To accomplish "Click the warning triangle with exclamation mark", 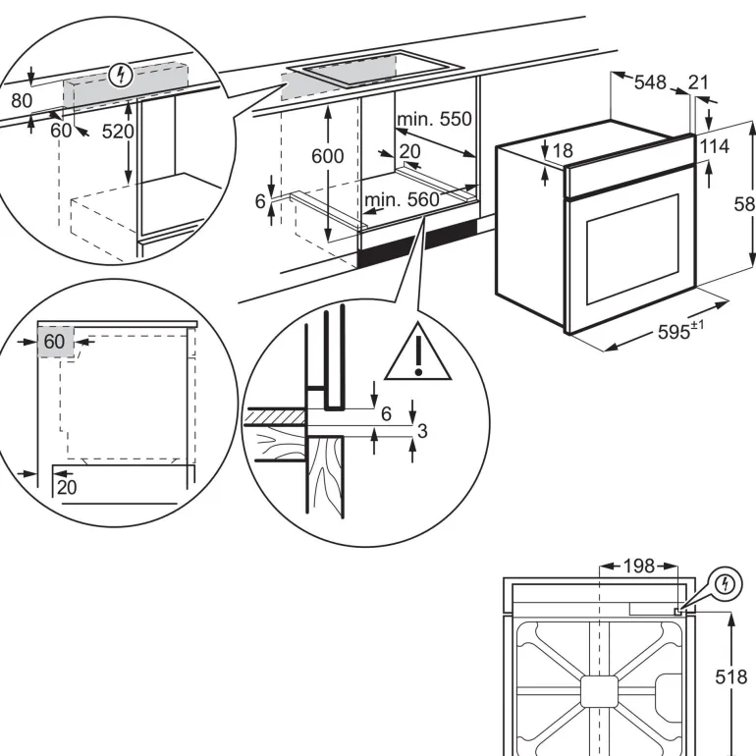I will tap(418, 353).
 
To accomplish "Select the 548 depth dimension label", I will tap(650, 82).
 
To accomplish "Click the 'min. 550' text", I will tap(434, 120).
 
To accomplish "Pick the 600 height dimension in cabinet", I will tap(328, 156).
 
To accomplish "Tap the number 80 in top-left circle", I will tap(21, 100).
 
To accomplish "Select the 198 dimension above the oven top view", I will tap(638, 566).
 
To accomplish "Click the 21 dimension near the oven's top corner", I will tap(698, 82).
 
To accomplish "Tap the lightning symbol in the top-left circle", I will tap(121, 74).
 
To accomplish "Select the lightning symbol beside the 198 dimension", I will tap(727, 583).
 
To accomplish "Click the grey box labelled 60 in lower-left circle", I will tap(55, 343).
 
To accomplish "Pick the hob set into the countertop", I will tap(378, 68).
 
